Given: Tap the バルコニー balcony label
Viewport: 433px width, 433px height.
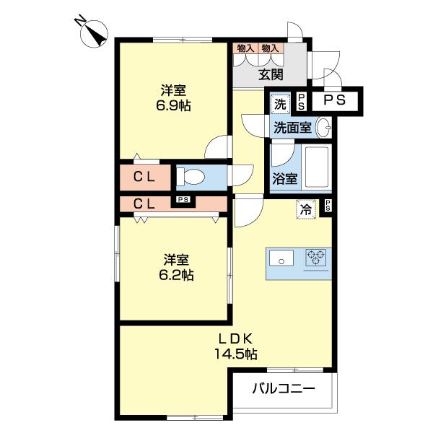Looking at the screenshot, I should [x=283, y=390].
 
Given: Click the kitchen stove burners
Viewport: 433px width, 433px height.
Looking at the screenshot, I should [x=315, y=258].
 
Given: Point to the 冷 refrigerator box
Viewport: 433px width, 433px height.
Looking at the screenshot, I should [x=306, y=209].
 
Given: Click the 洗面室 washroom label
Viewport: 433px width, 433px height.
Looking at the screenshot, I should [x=292, y=128].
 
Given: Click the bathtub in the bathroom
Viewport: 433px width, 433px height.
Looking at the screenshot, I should [x=315, y=167].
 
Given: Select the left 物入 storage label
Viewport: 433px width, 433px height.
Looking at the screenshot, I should [x=245, y=48].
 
